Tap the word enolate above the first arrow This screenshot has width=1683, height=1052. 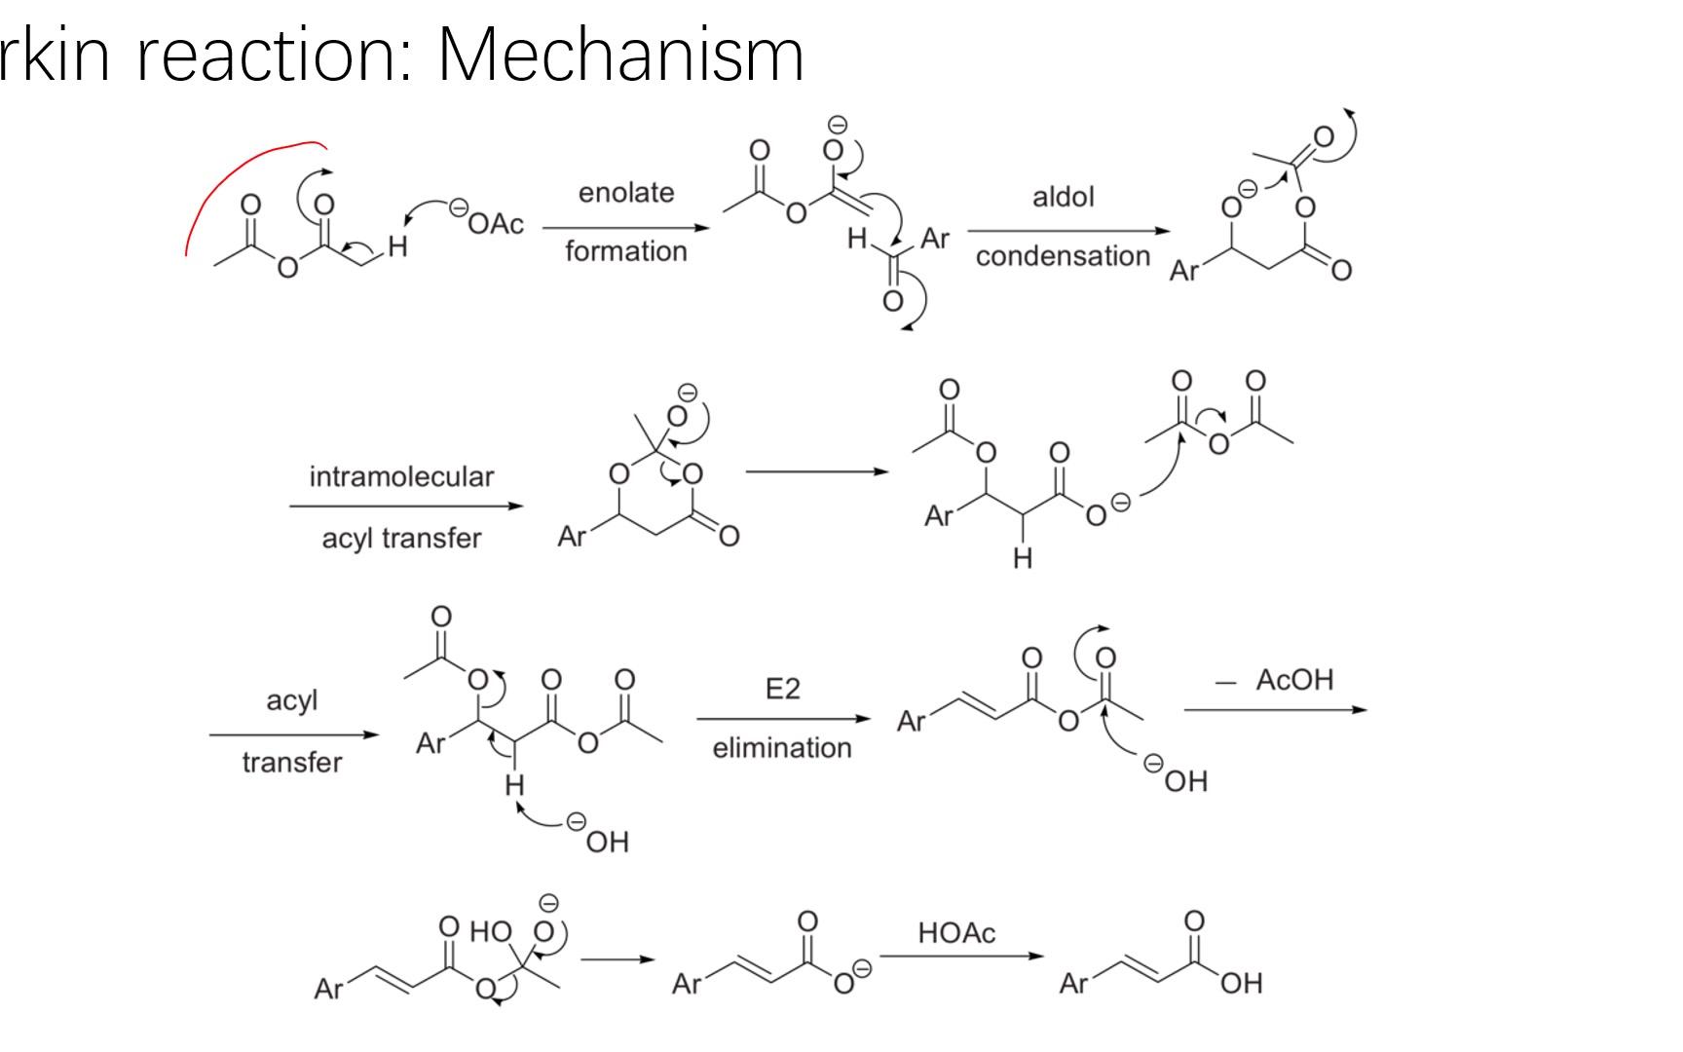[626, 193]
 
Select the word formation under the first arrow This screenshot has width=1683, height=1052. [626, 251]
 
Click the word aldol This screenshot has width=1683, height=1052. [1063, 197]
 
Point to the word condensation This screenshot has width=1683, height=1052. [1063, 256]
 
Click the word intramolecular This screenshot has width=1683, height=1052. [401, 476]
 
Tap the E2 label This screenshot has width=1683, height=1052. [782, 690]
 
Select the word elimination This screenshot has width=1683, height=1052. [782, 748]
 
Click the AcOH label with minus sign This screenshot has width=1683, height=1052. [1275, 680]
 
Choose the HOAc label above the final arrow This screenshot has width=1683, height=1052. [956, 933]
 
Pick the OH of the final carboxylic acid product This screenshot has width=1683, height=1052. [1241, 984]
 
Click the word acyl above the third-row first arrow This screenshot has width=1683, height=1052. [292, 701]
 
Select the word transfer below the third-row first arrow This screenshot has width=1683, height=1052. [292, 762]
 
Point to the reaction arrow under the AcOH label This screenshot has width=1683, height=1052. [1276, 710]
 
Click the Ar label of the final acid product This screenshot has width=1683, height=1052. [1073, 984]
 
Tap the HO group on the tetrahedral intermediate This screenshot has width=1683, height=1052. [491, 931]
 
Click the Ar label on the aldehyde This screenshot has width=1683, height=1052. [935, 239]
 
